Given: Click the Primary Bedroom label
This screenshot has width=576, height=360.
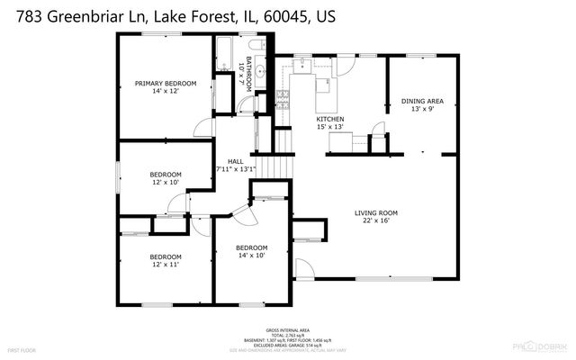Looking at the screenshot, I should pyautogui.click(x=166, y=84).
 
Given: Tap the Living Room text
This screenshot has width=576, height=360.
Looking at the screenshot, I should pyautogui.click(x=376, y=212).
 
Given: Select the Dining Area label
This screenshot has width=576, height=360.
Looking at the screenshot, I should pyautogui.click(x=422, y=101).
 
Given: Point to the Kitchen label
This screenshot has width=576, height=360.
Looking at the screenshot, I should pyautogui.click(x=329, y=119).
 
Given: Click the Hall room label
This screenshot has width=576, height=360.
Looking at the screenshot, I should pyautogui.click(x=236, y=161).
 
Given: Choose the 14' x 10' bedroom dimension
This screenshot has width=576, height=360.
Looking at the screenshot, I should pyautogui.click(x=252, y=256).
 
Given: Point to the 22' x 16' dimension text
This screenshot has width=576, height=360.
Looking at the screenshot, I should pyautogui.click(x=376, y=221).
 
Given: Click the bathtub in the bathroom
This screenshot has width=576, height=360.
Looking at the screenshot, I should pyautogui.click(x=223, y=56).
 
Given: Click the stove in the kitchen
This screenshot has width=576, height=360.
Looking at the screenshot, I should pyautogui.click(x=282, y=94).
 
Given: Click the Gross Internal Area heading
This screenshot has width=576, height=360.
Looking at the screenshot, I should pyautogui.click(x=287, y=329).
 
